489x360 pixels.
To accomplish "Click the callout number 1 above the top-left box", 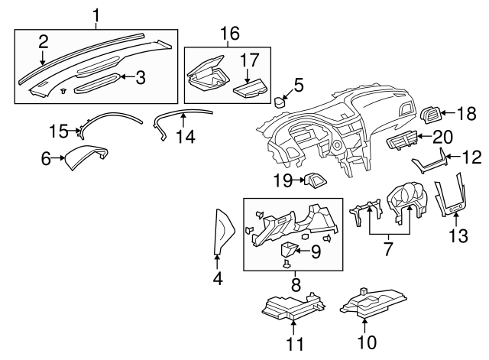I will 96,15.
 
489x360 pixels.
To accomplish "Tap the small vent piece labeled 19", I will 314,180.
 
